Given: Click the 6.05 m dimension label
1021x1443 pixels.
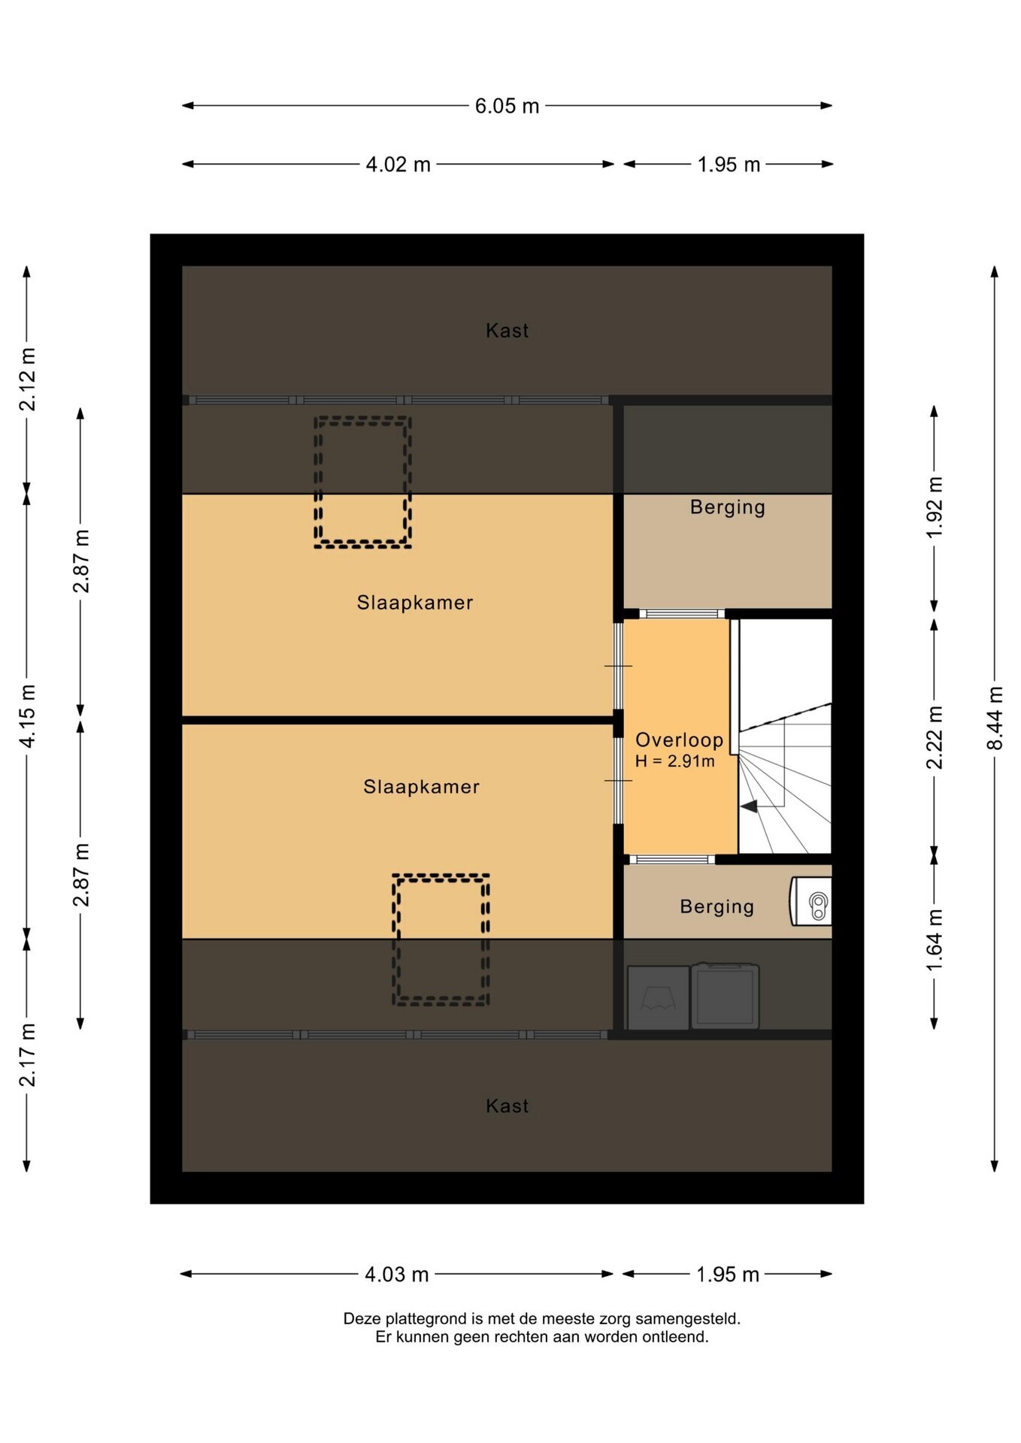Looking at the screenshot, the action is (x=507, y=106).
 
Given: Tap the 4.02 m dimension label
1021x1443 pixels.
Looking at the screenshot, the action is (x=398, y=165).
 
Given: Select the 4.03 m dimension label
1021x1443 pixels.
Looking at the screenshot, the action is (x=396, y=1275).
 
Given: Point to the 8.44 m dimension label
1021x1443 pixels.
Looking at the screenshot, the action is (x=995, y=718).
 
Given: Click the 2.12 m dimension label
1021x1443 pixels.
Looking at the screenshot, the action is (x=27, y=380).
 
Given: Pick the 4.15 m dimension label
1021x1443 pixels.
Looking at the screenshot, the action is (x=27, y=716).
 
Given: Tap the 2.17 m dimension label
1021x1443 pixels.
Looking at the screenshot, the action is (x=27, y=1054).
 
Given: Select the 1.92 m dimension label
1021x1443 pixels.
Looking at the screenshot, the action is (x=934, y=507).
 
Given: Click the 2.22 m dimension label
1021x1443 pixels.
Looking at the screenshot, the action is (x=934, y=737).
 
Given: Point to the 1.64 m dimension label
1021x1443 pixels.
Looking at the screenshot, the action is (x=934, y=939).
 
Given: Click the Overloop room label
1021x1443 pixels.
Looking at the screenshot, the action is (x=679, y=740).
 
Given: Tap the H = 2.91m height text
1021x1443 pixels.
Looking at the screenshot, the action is (x=674, y=761).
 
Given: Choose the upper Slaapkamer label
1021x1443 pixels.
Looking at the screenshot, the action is (x=415, y=603).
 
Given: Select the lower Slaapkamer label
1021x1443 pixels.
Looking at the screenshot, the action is (x=421, y=787).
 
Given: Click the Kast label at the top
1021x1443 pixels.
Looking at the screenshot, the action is (x=507, y=331).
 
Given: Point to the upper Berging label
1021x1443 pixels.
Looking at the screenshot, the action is (x=727, y=507).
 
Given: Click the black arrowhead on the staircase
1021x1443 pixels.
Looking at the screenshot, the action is (x=749, y=806).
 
